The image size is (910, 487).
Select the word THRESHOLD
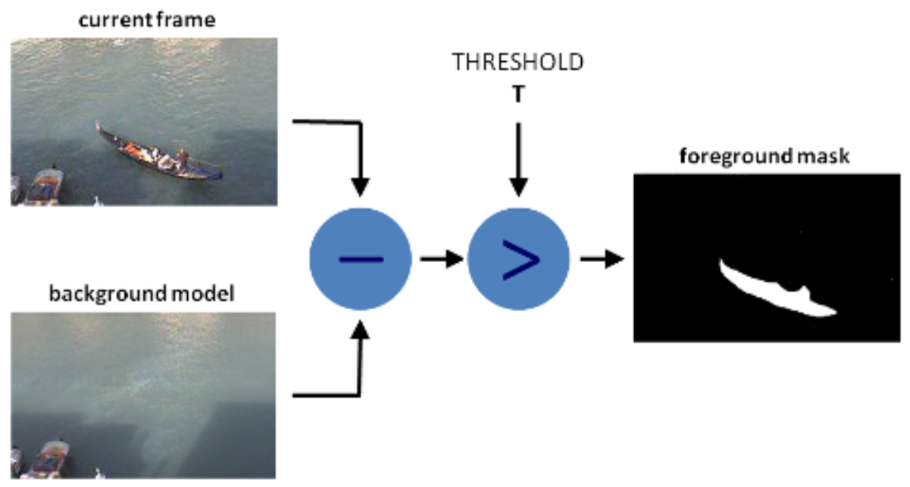pyautogui.click(x=518, y=62)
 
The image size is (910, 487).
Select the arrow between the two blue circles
pyautogui.click(x=439, y=260)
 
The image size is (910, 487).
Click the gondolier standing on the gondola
pyautogui.click(x=182, y=157)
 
